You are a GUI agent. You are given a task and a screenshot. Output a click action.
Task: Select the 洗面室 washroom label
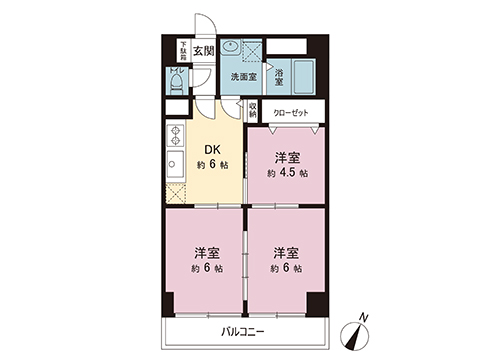pyautogui.click(x=243, y=76)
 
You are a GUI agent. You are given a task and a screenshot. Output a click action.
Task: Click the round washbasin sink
pyautogui.click(x=231, y=47)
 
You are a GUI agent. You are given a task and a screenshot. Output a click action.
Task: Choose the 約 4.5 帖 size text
pyautogui.click(x=287, y=173)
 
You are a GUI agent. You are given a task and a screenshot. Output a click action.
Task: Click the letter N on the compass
pyautogui.click(x=364, y=318)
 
